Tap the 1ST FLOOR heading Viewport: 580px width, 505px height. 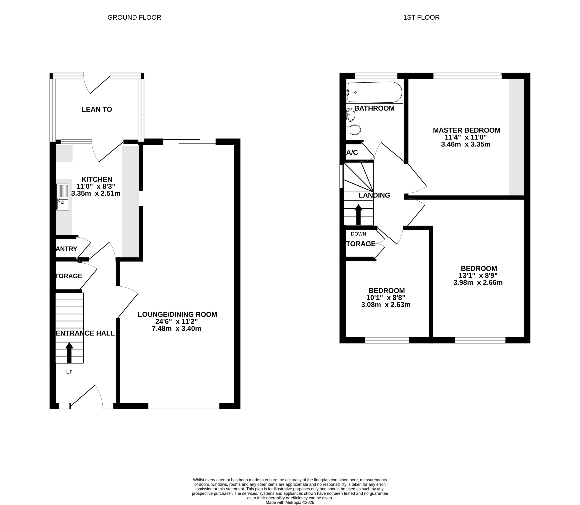tap(421, 17)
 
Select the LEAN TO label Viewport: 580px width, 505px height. tap(97, 109)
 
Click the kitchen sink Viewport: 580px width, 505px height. tap(63, 197)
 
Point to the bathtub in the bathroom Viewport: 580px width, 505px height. tap(374, 92)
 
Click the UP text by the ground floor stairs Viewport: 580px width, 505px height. tap(69, 372)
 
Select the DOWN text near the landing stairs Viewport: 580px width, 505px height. tap(358, 234)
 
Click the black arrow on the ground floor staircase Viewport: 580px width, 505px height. tap(69, 352)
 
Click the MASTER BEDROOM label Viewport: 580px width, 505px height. tap(466, 130)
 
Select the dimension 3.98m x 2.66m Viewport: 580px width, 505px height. tap(478, 283)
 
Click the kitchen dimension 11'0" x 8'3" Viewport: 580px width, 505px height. tap(96, 186)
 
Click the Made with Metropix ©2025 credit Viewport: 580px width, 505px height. tap(290, 502)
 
